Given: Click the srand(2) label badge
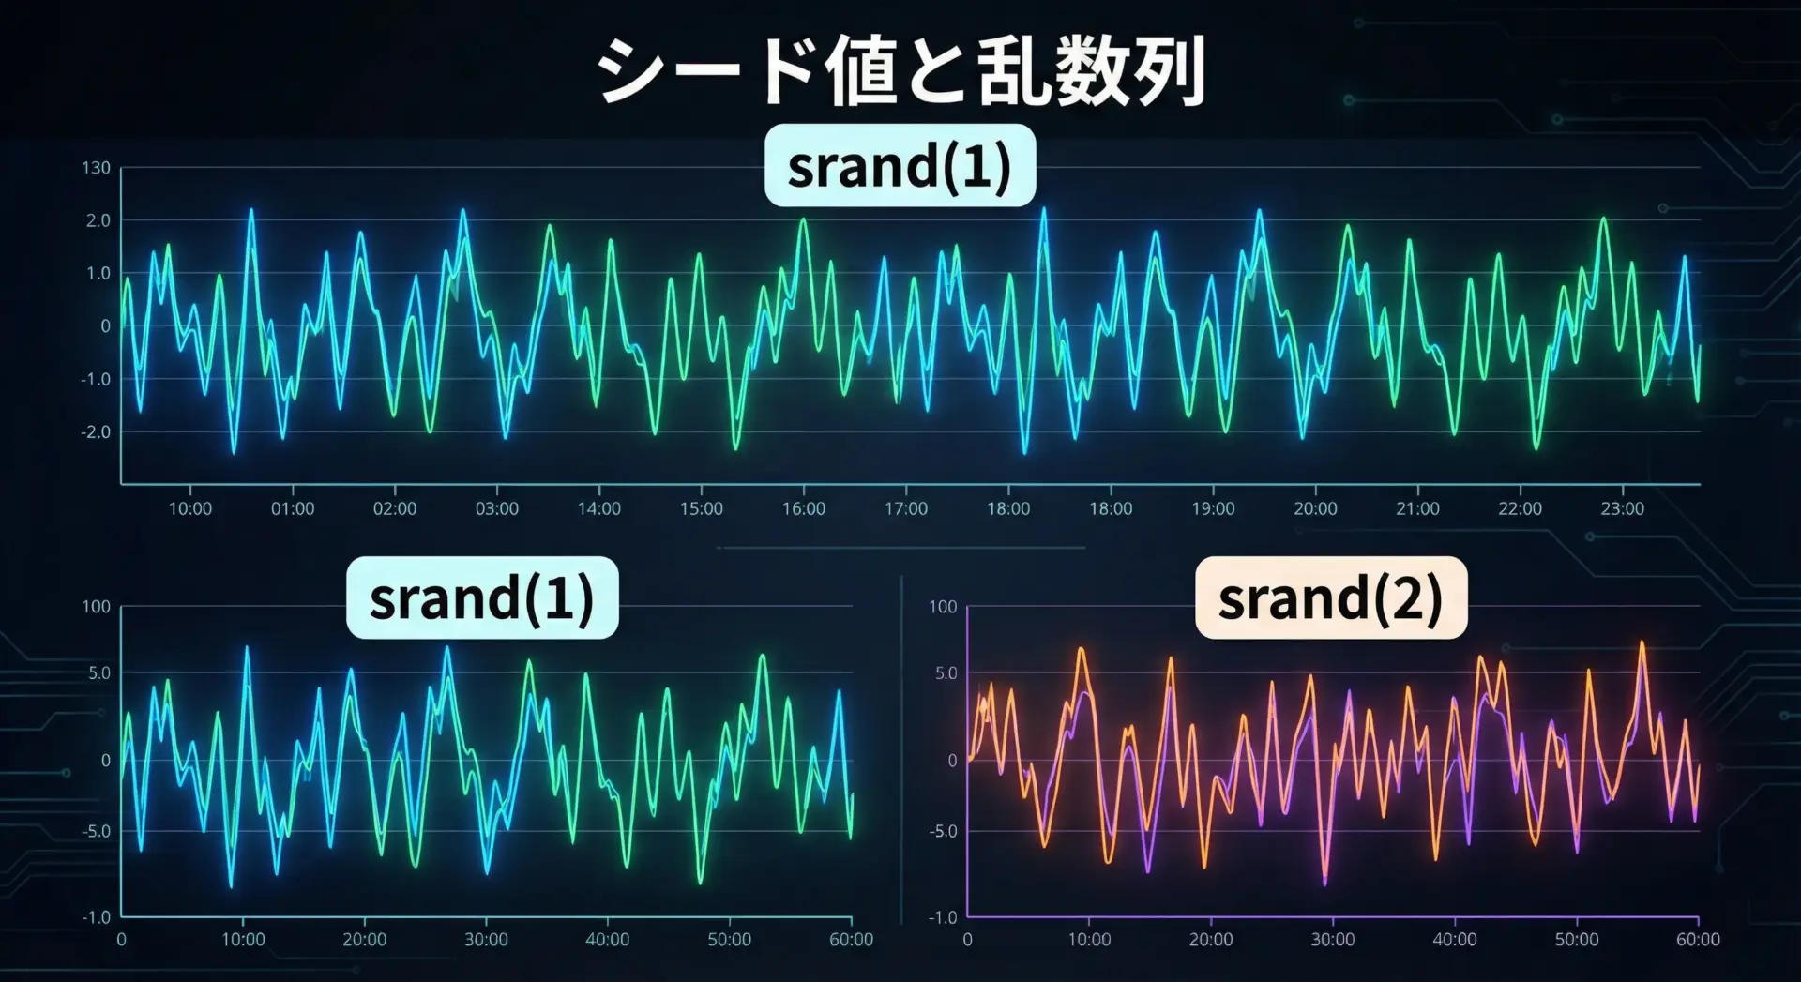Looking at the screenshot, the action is tap(1330, 597).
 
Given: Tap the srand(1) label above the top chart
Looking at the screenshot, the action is tap(900, 165).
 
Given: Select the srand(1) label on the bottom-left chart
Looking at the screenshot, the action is tap(482, 597).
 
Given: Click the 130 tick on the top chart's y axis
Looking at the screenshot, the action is tap(96, 168).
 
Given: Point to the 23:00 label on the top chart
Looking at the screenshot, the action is tap(1622, 508).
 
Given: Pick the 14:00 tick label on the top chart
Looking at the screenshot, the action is tap(598, 508).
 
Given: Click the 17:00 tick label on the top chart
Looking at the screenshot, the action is tap(906, 508).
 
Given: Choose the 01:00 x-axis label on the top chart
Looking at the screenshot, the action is tap(293, 508).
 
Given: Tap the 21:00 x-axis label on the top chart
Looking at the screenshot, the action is tap(1417, 508).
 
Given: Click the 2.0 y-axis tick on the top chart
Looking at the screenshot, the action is tap(98, 220).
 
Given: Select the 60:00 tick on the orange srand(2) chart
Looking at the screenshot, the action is tap(1698, 939).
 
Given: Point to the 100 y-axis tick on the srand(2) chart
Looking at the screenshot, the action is tap(943, 607).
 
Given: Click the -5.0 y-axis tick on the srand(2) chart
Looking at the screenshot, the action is tap(943, 831).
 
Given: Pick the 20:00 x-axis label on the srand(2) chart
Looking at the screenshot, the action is tap(1211, 939).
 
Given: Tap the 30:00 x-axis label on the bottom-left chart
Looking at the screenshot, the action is tap(486, 939).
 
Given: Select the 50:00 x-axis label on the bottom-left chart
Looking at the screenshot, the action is tap(729, 939).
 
